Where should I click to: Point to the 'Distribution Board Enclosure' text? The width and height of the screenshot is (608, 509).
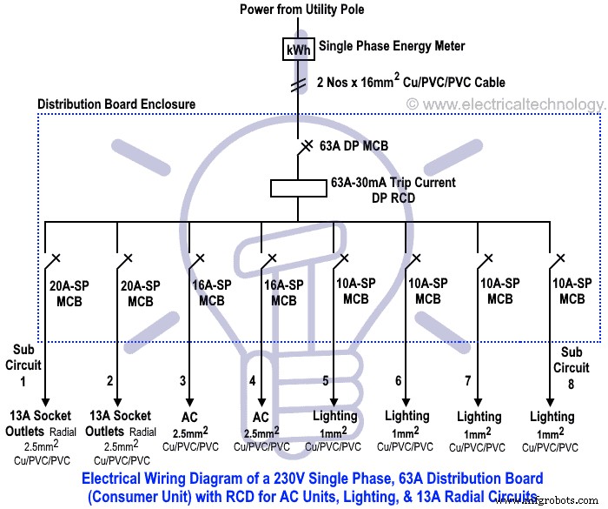(x=116, y=104)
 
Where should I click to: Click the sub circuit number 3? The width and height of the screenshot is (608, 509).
(x=183, y=380)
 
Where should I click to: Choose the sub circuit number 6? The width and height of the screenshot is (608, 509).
(x=399, y=381)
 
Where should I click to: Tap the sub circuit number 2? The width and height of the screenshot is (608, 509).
(x=109, y=380)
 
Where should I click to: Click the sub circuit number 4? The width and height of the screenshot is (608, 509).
(x=253, y=380)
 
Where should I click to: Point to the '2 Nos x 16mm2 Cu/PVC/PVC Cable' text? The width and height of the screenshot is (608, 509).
(x=412, y=84)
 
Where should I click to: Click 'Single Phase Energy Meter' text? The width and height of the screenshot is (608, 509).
(x=392, y=46)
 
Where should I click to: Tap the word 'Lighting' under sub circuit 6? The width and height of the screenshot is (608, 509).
(x=407, y=416)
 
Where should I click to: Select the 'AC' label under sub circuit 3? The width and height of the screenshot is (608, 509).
(x=191, y=416)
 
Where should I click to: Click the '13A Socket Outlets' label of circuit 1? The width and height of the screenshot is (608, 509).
(x=43, y=423)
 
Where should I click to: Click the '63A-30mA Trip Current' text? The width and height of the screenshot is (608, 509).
(x=393, y=184)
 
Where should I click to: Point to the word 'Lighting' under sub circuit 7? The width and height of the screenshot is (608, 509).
(x=479, y=416)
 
